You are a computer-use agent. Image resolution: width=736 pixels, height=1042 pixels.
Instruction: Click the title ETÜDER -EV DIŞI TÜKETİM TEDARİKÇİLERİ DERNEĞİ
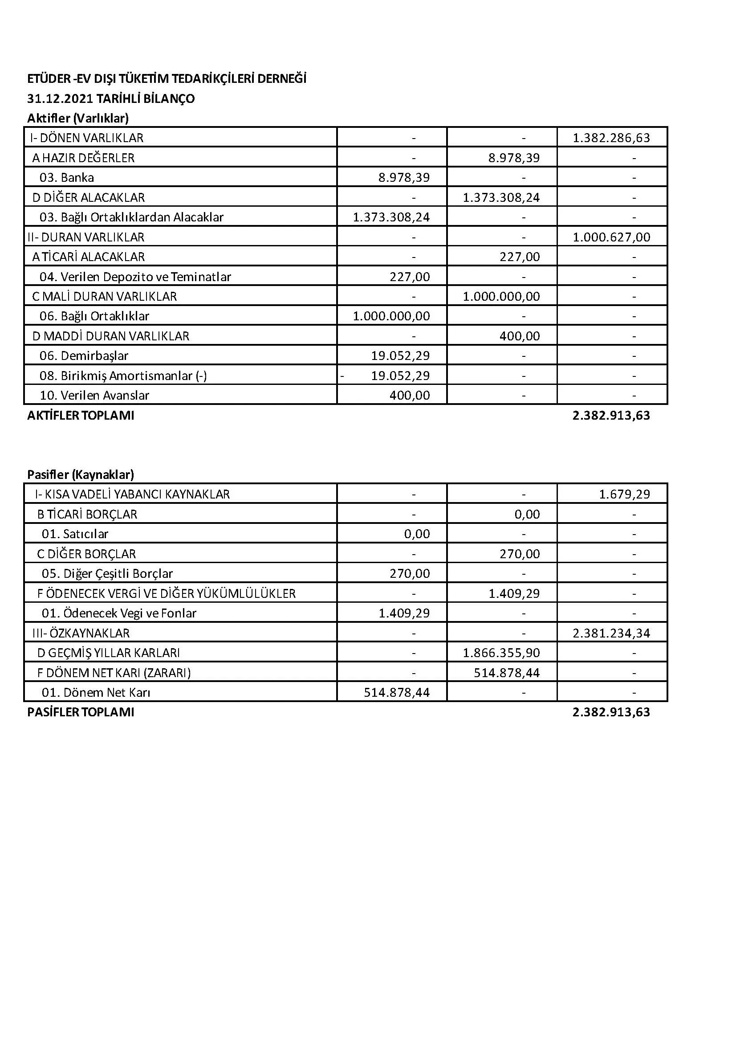(x=167, y=79)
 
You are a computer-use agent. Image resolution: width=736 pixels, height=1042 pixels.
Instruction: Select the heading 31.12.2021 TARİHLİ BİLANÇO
(x=111, y=99)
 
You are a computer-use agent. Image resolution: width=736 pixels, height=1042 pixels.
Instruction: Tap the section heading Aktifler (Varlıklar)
(x=78, y=119)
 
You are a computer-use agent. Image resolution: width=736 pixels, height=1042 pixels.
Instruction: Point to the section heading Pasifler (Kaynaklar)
(x=80, y=475)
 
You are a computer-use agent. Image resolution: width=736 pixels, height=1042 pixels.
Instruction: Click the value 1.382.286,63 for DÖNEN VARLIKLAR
(x=611, y=138)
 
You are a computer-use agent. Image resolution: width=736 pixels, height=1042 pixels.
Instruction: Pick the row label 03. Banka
(x=67, y=177)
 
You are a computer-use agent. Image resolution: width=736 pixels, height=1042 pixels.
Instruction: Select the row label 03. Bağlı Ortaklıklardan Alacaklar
(x=131, y=217)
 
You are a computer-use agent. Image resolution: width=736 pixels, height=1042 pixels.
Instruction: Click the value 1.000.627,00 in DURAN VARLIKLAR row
(x=611, y=237)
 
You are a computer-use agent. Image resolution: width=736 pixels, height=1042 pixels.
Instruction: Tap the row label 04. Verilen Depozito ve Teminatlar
(x=135, y=276)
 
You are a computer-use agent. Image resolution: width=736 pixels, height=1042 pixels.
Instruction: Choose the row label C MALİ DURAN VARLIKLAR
(x=104, y=296)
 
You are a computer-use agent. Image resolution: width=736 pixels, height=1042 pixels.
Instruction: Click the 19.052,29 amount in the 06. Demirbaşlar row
(x=400, y=356)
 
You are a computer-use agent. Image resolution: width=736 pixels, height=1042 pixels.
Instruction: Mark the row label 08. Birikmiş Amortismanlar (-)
(x=123, y=376)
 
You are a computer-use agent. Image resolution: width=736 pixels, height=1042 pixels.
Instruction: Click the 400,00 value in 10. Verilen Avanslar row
(x=409, y=395)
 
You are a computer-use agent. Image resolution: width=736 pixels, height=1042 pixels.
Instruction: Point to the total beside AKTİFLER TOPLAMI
(x=611, y=415)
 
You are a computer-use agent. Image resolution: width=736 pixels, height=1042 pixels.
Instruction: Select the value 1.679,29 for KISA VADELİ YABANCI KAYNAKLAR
(x=624, y=494)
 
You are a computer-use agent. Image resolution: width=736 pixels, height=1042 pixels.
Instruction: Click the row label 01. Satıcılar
(x=75, y=534)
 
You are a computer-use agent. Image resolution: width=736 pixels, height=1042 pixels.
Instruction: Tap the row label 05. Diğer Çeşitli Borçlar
(x=107, y=574)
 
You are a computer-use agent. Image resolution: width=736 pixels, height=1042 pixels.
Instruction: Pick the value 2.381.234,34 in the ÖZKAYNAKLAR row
(x=611, y=633)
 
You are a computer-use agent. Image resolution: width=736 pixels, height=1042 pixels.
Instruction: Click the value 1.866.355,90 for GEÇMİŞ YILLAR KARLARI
(x=501, y=653)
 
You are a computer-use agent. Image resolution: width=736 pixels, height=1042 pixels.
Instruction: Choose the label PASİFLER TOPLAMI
(x=81, y=712)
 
